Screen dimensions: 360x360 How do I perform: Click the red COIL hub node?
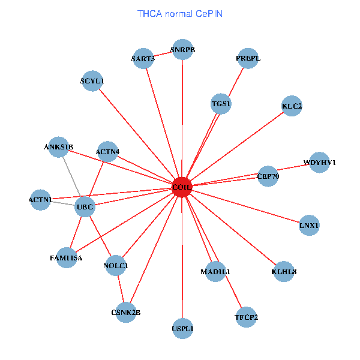181,187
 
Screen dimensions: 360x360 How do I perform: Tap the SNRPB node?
183,50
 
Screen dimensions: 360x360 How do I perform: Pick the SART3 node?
143,59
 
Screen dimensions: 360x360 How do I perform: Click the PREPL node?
248,58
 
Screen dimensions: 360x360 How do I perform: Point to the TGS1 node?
221,104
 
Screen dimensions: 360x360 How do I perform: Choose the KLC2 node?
292,106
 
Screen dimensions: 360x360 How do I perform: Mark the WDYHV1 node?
320,162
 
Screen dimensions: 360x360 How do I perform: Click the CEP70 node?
268,176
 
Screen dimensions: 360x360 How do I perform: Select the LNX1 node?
309,226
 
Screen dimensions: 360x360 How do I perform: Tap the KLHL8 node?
284,271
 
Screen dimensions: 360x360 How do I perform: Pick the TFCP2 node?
246,317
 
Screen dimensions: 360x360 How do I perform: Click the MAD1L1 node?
215,272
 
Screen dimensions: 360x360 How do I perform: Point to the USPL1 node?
182,328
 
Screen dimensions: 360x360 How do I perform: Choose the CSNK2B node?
125,312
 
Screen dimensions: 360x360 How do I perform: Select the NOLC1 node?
116,265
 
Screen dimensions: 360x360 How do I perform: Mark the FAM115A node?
67,258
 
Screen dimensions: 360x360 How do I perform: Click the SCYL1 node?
92,80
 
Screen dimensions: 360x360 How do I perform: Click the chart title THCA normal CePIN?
180,13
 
